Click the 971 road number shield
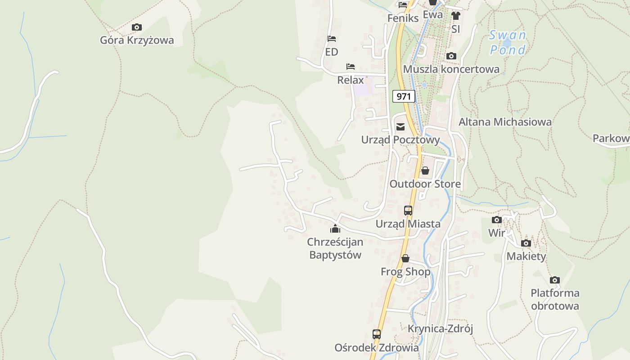404,96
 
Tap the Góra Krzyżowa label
137,40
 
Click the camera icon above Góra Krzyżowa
137,27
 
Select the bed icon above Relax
351,67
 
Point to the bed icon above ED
332,39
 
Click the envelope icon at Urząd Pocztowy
400,127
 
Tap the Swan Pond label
508,42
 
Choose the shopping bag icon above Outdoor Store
425,171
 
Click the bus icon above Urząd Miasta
408,210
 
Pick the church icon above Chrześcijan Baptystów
335,229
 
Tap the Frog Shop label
405,272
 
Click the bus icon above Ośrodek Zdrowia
377,334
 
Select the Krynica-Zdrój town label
440,328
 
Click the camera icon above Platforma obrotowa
555,280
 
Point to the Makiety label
526,256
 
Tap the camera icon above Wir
497,220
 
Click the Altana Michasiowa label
505,122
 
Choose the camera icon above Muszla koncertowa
451,56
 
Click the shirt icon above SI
456,16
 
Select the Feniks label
403,18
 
